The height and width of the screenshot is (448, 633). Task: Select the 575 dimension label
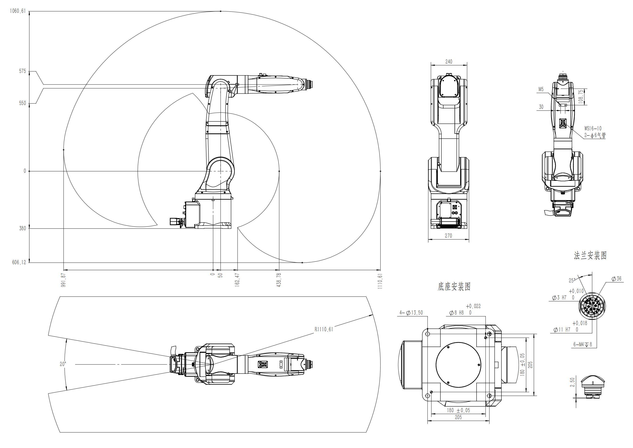point(22,71)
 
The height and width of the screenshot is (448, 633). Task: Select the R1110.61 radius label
point(324,329)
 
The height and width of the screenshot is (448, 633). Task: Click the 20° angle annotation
point(63,364)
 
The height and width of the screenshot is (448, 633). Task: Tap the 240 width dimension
point(449,62)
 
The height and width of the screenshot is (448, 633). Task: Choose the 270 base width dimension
point(448,236)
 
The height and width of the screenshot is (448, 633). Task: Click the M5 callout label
point(541,89)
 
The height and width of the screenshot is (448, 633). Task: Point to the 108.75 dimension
point(581,97)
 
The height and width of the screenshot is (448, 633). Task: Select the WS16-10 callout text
point(593,128)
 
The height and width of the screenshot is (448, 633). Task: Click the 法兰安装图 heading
point(590,255)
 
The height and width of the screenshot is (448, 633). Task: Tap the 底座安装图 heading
point(454,287)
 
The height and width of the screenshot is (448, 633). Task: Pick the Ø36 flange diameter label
point(616,279)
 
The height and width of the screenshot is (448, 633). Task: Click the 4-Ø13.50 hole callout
point(411,312)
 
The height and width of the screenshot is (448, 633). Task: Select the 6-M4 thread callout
point(583,345)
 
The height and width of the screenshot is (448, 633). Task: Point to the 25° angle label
point(572,281)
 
